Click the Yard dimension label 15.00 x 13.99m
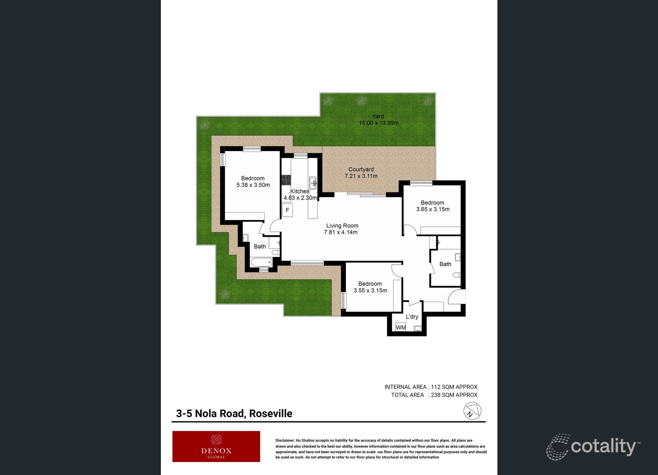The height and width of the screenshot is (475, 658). [x=378, y=123]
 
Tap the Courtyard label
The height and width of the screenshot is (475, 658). [x=361, y=169]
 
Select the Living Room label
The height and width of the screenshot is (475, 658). [x=342, y=226]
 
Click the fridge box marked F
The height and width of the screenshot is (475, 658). [x=287, y=210]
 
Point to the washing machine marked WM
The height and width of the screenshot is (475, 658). [x=401, y=327]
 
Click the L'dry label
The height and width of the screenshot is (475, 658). [x=412, y=317]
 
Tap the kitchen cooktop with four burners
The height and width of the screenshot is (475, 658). [x=286, y=180]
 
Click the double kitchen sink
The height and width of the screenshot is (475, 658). [x=313, y=183]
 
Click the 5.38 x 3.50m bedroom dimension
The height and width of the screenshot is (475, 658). [x=253, y=185]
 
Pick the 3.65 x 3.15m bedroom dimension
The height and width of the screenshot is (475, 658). [x=433, y=209]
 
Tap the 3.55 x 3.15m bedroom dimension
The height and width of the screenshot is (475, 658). [x=370, y=290]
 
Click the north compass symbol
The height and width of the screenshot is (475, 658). [x=472, y=411]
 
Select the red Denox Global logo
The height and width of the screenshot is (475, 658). [x=216, y=446]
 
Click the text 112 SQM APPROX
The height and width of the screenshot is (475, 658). [x=454, y=387]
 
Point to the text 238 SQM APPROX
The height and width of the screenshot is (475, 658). [x=454, y=395]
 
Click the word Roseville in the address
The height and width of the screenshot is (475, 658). [x=270, y=414]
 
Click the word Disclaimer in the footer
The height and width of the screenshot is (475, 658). [x=285, y=441]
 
